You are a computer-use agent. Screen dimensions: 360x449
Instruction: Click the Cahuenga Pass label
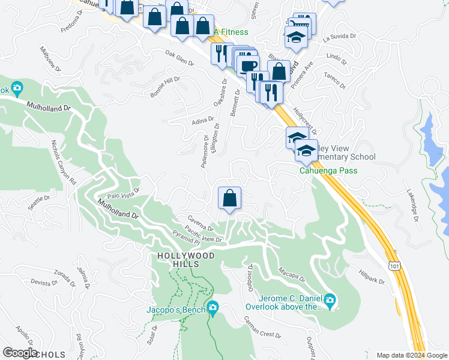pos(328,170)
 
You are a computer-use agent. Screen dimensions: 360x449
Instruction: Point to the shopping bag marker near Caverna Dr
pos(229,198)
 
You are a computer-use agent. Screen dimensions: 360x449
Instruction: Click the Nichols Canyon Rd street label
pos(64,163)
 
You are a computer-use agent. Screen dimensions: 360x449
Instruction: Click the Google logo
pos(20,353)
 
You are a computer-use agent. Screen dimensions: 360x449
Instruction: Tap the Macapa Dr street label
pos(292,277)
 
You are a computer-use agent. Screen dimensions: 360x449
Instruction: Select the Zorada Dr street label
pos(63,279)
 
